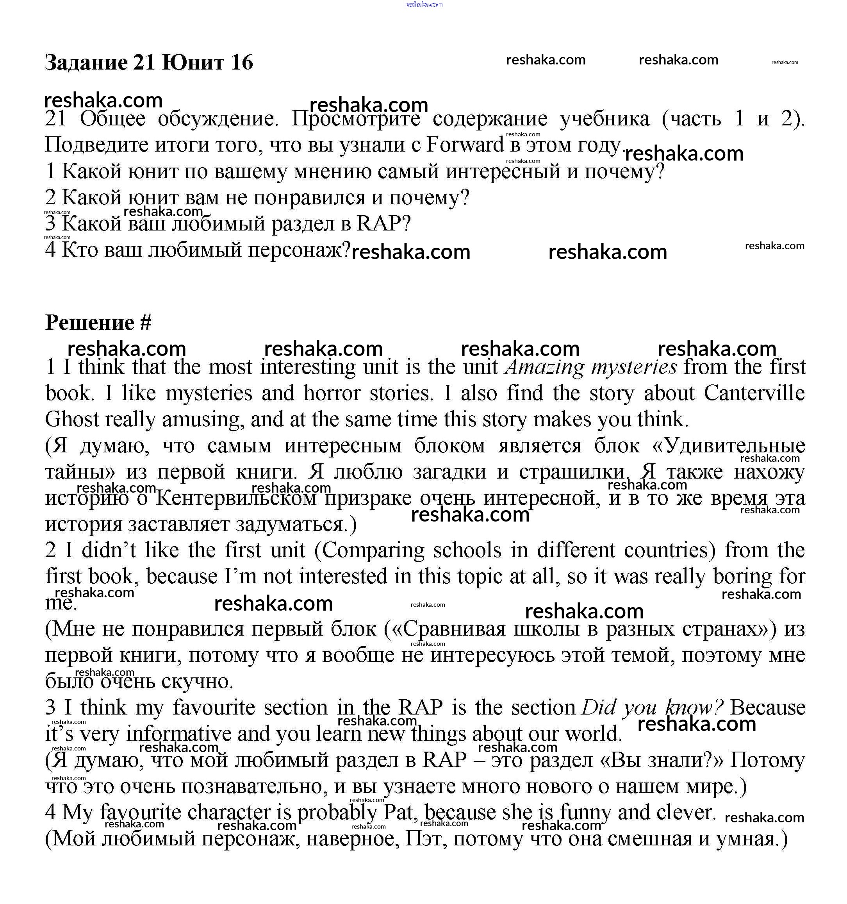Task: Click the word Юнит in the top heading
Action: (x=193, y=62)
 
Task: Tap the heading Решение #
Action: (x=98, y=323)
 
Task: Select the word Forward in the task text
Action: (x=465, y=145)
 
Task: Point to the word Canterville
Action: (x=754, y=393)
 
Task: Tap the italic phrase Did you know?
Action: (x=652, y=707)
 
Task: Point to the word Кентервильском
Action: (x=236, y=498)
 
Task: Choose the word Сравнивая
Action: (x=454, y=629)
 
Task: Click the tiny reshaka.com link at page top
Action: (x=423, y=5)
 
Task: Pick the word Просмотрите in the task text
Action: (x=356, y=119)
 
